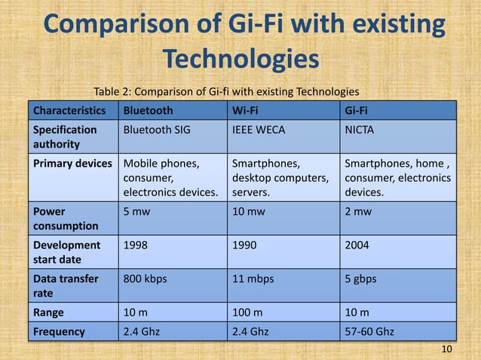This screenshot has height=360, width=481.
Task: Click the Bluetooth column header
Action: click(148, 111)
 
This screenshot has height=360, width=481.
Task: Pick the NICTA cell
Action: click(360, 130)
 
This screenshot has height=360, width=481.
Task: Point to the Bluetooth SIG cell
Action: click(157, 130)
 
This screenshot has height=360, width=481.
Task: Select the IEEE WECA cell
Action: click(258, 130)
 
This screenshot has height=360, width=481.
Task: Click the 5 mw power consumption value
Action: click(136, 212)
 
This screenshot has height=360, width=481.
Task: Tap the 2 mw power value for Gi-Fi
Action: click(357, 212)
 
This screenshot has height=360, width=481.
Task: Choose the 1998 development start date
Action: click(136, 246)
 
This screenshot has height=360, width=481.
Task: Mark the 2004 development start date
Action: click(357, 246)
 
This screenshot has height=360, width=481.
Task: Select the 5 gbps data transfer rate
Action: click(360, 279)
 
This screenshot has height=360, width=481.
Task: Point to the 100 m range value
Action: click(247, 312)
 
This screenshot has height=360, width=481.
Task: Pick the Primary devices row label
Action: click(72, 163)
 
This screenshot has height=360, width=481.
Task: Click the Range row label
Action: click(48, 312)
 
